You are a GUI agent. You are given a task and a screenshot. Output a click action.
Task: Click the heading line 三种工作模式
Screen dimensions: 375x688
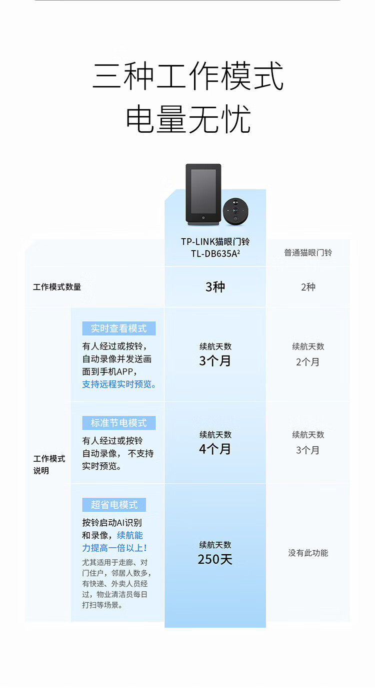click(x=187, y=76)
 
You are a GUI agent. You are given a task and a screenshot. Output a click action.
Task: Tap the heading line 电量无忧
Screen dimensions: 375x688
click(x=187, y=119)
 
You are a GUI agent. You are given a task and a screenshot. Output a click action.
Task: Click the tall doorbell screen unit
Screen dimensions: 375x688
click(x=203, y=193)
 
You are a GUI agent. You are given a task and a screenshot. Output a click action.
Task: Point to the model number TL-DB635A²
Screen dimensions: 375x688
click(x=215, y=254)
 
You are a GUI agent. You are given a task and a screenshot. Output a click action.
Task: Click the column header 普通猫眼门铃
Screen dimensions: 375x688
click(x=308, y=253)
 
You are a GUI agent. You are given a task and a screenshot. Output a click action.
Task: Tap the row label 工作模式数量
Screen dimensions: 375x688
click(x=57, y=287)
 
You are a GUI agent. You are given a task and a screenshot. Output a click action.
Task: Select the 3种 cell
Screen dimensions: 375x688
click(x=215, y=287)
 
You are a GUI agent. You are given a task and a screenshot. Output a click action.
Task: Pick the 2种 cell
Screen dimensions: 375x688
click(x=308, y=287)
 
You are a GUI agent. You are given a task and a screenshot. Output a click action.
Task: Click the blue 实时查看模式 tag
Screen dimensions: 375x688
click(x=119, y=329)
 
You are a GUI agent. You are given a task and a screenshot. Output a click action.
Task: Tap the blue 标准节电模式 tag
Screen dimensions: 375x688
click(x=119, y=423)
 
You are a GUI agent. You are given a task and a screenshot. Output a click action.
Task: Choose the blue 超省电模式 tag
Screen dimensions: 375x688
click(x=114, y=505)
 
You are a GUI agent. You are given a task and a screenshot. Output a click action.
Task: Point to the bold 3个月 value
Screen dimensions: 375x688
click(x=215, y=361)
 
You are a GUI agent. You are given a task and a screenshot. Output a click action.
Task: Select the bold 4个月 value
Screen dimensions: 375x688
click(x=215, y=449)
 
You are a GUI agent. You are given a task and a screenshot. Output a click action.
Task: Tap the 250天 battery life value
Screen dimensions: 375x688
click(x=215, y=559)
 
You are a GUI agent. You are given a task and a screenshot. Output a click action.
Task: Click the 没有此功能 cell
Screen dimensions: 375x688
click(x=308, y=553)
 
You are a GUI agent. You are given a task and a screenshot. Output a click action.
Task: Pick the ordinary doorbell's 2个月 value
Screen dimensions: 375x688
click(x=308, y=362)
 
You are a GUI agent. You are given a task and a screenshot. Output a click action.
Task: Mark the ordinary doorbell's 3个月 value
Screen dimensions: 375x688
click(x=308, y=450)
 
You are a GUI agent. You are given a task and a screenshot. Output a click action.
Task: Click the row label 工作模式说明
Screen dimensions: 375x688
click(x=49, y=464)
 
